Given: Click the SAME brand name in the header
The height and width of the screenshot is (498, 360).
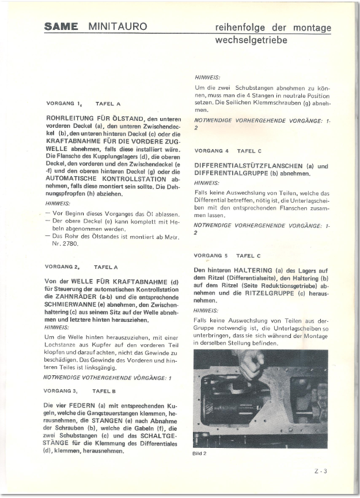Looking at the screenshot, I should (62, 27).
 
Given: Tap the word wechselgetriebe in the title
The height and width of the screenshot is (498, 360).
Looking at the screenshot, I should (251, 41).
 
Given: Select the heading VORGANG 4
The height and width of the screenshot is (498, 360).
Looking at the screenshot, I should (211, 151).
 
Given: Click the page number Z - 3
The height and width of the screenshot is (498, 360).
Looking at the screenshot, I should (321, 471).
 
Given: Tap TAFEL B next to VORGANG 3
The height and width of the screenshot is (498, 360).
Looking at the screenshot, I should (104, 391).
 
